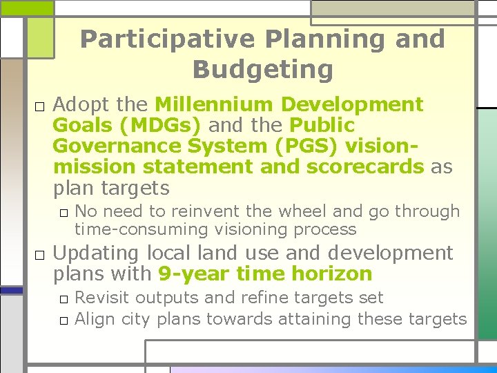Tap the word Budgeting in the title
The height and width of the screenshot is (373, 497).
pyautogui.click(x=262, y=70)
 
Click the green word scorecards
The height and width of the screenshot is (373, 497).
pyautogui.click(x=367, y=167)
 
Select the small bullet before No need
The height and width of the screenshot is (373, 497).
pyautogui.click(x=63, y=213)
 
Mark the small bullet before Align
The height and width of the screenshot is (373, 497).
pyautogui.click(x=63, y=320)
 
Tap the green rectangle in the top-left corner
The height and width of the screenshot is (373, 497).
pyautogui.click(x=27, y=8)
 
